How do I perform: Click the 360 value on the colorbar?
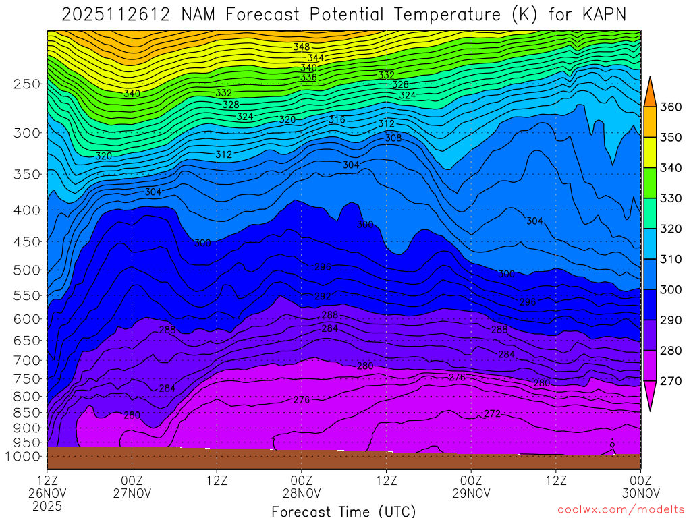(671, 107)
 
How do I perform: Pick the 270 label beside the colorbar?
(671, 381)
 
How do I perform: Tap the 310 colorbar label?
(671, 259)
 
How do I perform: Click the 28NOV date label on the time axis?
(302, 493)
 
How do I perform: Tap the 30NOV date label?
(640, 493)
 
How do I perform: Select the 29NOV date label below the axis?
(471, 493)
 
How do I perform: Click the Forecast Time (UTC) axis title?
(343, 511)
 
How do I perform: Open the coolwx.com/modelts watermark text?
(621, 509)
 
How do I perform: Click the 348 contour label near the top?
(302, 47)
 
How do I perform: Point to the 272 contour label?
(493, 413)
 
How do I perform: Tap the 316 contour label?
(337, 120)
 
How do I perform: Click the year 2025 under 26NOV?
(47, 505)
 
